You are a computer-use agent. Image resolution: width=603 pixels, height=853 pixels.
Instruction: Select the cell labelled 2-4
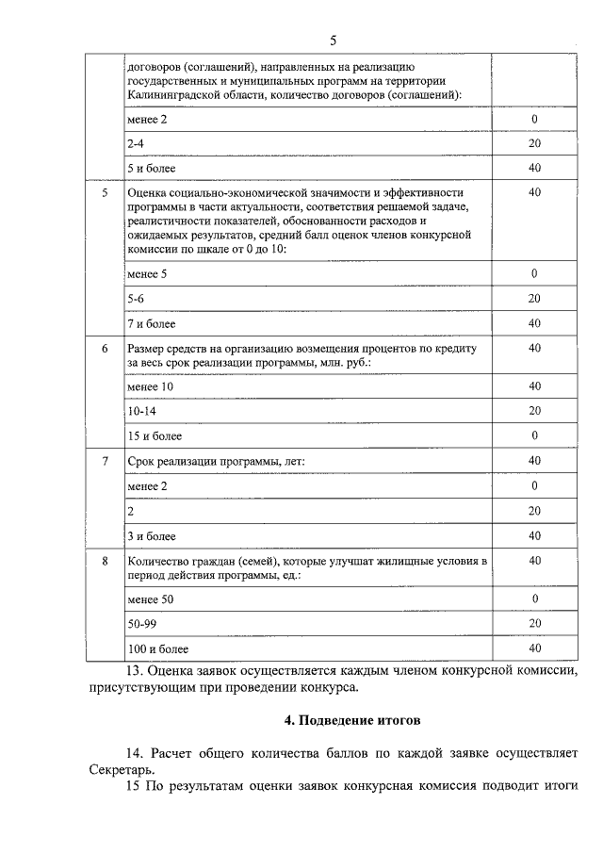point(136,143)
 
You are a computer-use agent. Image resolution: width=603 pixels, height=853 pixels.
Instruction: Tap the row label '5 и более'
point(150,168)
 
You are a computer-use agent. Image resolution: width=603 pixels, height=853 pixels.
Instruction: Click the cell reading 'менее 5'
point(146,273)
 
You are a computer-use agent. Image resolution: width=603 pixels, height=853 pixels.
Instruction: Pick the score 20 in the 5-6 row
point(534,298)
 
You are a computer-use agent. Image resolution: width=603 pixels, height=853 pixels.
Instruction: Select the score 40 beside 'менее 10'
point(534,386)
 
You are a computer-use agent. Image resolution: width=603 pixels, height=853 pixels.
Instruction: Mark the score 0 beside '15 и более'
point(534,435)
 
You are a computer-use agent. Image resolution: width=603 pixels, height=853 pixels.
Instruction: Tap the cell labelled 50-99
point(140,624)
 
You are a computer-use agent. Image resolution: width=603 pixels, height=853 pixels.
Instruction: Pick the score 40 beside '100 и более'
point(534,648)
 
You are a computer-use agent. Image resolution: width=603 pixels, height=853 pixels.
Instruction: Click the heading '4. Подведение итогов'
point(351,720)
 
